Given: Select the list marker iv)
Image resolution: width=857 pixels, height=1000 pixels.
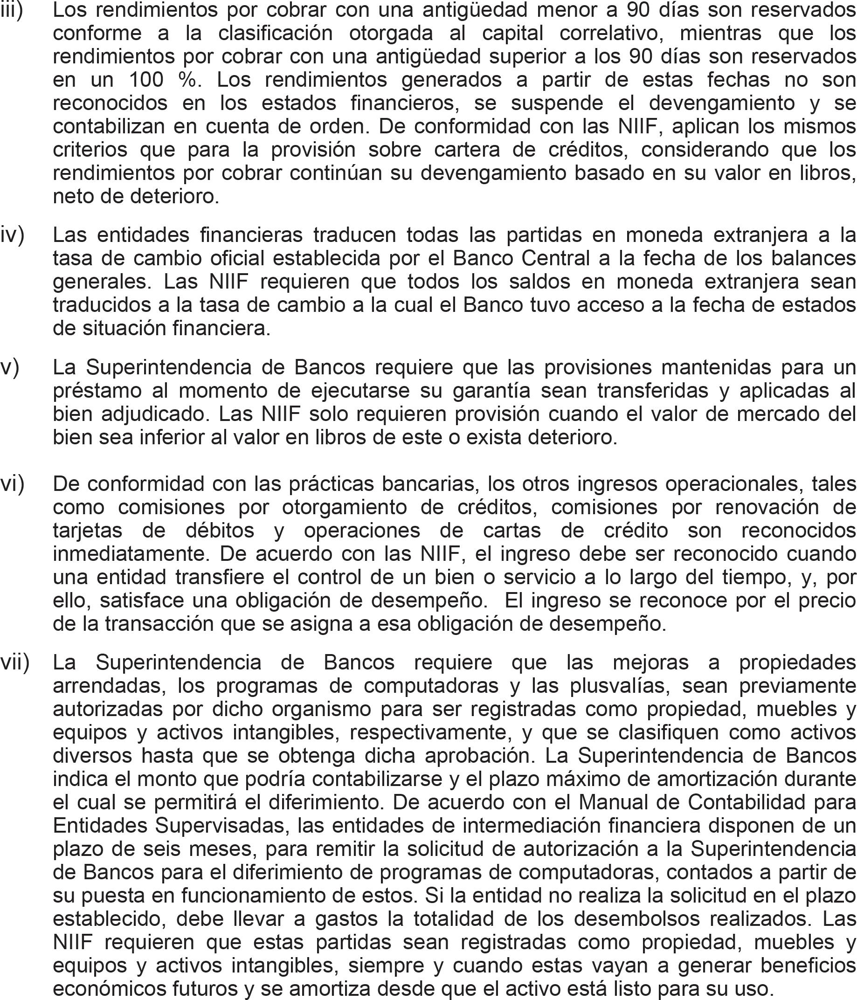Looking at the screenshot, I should [13, 235].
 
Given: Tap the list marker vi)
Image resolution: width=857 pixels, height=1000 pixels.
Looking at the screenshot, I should [13, 484].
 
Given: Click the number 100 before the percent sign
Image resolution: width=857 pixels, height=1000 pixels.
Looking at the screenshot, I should [146, 80].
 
